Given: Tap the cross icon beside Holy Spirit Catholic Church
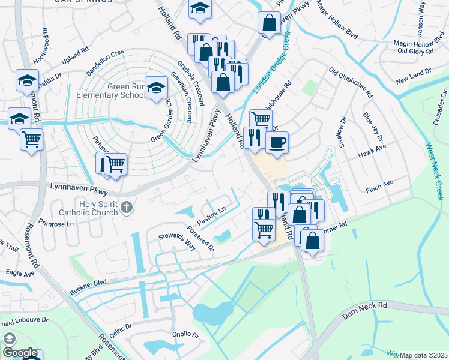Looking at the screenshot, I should (x=126, y=208).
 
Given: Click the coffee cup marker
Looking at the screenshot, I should (x=277, y=142).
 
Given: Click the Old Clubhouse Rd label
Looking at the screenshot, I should (x=351, y=82).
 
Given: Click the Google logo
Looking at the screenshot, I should (x=19, y=353).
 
